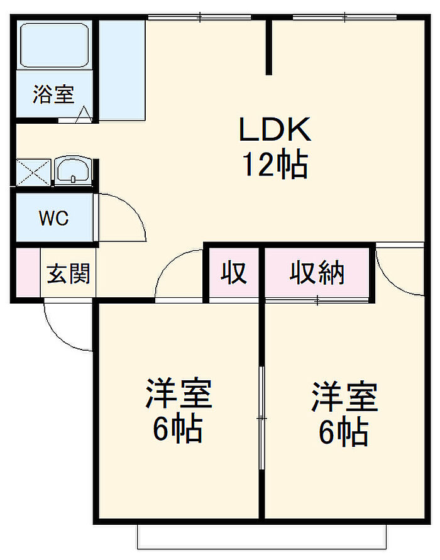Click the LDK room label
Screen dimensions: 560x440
click(275, 129)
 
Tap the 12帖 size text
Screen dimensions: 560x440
click(275, 165)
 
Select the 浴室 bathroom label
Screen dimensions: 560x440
click(53, 94)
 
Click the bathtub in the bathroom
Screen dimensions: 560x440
click(53, 45)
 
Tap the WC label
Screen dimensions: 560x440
click(53, 219)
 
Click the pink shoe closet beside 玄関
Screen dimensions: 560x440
click(26, 273)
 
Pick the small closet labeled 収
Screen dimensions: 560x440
click(233, 273)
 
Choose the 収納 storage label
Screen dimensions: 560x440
click(317, 273)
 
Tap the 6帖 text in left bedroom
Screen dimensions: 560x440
click(178, 430)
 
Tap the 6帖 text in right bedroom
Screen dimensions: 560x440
click(343, 432)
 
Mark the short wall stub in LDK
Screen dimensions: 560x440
click(269, 47)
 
